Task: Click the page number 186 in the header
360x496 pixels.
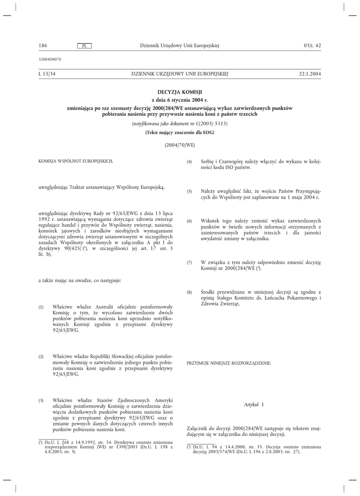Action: point(42,46)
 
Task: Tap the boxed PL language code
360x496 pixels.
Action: point(84,46)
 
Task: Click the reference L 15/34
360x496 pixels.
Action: point(47,74)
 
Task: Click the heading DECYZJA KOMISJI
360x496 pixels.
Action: point(180,92)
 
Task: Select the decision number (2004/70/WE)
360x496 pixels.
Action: point(180,144)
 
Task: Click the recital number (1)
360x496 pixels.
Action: point(41,308)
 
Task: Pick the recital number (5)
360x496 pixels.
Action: point(189,192)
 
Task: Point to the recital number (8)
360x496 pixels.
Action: point(189,293)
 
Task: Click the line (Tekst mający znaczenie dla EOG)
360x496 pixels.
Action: point(180,132)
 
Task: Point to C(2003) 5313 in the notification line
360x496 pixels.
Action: point(210,124)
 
